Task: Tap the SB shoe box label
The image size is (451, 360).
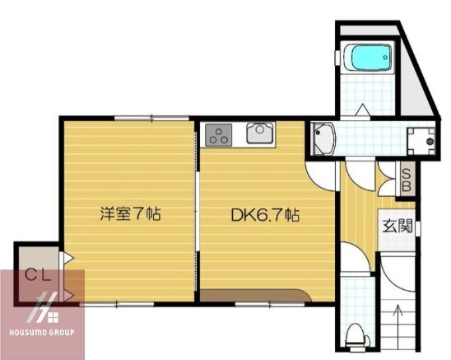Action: [x=406, y=180]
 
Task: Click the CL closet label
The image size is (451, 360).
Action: [x=35, y=274]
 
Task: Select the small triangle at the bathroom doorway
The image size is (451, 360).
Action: [x=361, y=109]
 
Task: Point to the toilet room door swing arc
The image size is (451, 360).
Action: [x=356, y=265]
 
